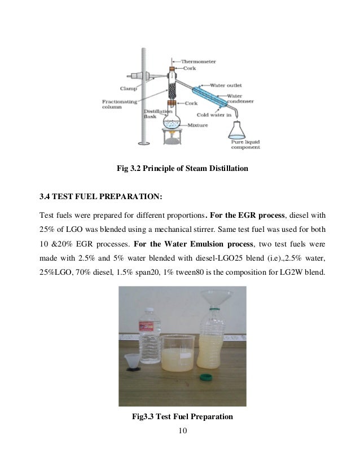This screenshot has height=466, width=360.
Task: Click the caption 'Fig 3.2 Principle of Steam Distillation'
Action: [x=179, y=168]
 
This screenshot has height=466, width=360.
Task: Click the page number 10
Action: [x=181, y=432]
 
